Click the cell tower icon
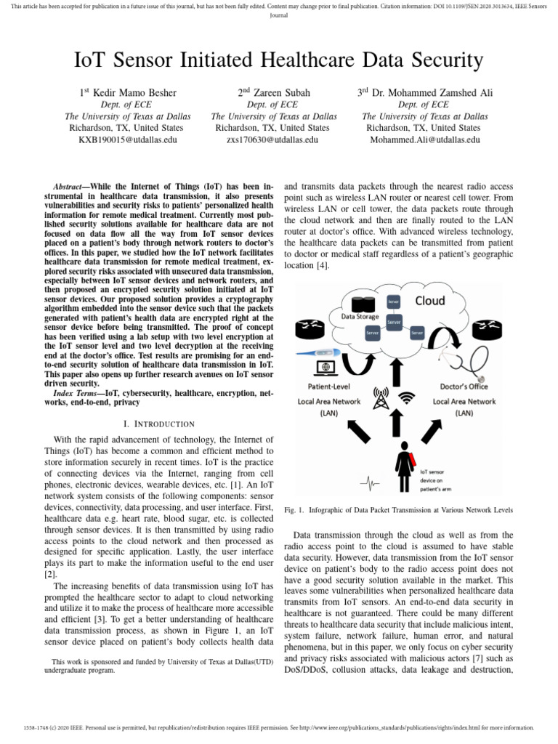click(x=380, y=397)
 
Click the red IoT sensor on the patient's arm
click(x=413, y=458)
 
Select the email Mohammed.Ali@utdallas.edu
click(x=425, y=139)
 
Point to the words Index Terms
click(x=78, y=393)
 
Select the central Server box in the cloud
click(x=394, y=320)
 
